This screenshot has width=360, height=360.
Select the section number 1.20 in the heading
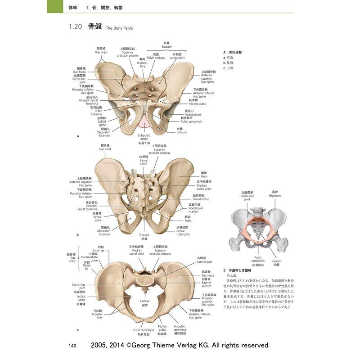tap(75, 27)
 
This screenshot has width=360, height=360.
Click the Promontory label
tap(143, 66)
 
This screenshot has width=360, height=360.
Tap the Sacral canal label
tap(144, 162)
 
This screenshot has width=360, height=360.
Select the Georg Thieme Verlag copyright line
tap(180, 345)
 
